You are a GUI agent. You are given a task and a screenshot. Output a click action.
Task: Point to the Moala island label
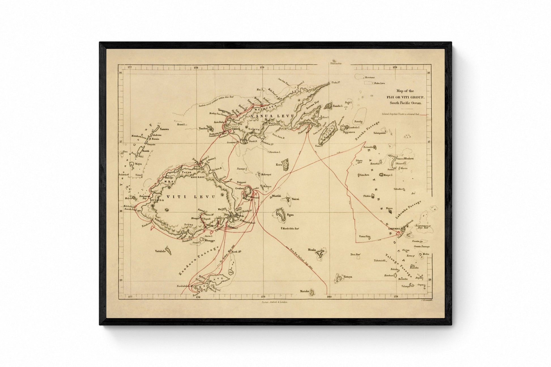tap(312, 250)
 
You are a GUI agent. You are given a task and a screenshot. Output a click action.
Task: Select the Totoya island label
tap(348, 277)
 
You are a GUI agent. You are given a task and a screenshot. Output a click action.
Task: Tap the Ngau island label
tap(290, 215)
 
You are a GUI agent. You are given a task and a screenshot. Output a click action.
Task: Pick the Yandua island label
tap(203, 128)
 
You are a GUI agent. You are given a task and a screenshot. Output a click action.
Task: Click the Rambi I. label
tap(338, 106)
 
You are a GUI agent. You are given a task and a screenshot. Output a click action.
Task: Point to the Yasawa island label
tap(164, 129)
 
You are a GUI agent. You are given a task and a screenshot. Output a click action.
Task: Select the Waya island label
tap(138, 164)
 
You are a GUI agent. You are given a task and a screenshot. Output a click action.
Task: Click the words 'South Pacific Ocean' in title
tap(405, 103)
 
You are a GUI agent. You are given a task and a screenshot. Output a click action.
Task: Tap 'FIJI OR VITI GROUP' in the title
tap(406, 97)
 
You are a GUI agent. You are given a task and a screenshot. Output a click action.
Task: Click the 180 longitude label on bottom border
tap(329, 297)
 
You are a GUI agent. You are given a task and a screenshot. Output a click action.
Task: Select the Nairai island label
tap(295, 199)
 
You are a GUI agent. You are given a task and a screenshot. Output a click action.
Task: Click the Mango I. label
tap(388, 175)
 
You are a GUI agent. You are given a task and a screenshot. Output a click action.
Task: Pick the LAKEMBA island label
tap(394, 229)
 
